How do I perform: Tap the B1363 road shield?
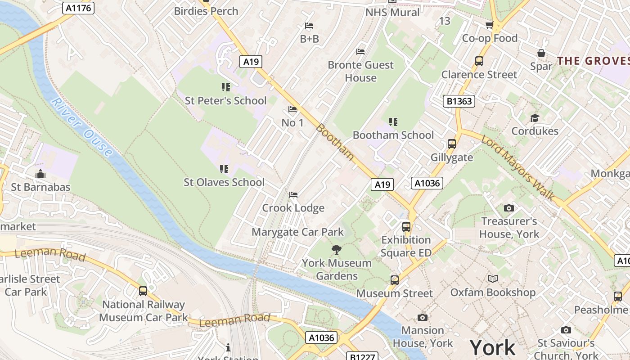(x=459, y=101)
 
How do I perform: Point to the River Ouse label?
(x=81, y=127)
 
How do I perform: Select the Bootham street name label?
(x=335, y=141)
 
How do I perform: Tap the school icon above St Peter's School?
(x=225, y=87)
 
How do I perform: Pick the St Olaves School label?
(x=224, y=182)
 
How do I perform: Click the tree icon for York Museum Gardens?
(x=336, y=250)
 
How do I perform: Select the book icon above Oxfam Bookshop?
(x=493, y=279)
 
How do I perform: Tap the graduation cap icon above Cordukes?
(x=535, y=118)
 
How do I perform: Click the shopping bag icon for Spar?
(x=541, y=54)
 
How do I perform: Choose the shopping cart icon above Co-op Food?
(x=489, y=25)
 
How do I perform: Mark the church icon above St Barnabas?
(x=40, y=174)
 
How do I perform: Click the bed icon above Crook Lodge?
(x=293, y=195)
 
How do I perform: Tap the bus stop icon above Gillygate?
(x=452, y=144)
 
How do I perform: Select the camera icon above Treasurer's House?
(x=509, y=208)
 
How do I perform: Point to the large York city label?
(x=492, y=348)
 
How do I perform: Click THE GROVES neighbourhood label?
(x=593, y=61)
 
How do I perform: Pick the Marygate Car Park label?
(x=297, y=232)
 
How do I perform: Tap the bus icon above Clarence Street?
(x=479, y=61)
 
